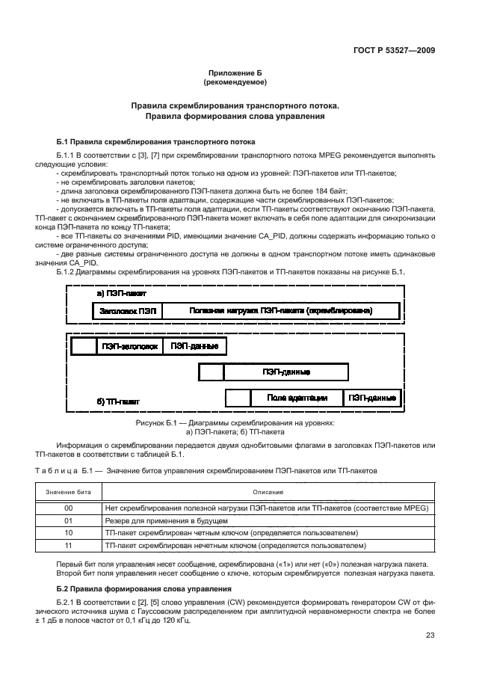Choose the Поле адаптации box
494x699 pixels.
pyautogui.click(x=297, y=398)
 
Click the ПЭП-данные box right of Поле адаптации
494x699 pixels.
pyautogui.click(x=371, y=398)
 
